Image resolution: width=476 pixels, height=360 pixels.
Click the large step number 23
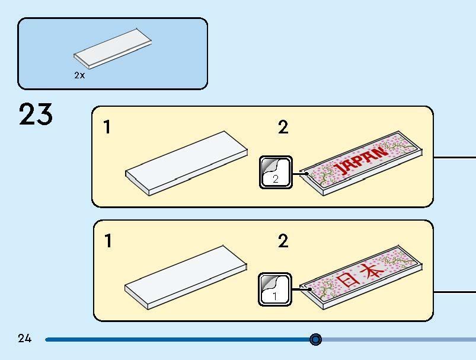[x=36, y=114]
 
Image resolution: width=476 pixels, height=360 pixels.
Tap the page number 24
[x=24, y=338]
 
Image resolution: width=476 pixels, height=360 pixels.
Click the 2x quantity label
[x=79, y=75]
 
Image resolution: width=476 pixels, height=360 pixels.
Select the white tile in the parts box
[x=113, y=49]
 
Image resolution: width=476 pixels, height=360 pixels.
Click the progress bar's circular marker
[x=316, y=339]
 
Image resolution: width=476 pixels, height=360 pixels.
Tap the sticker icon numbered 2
[x=276, y=172]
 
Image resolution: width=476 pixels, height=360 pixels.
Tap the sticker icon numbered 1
[x=275, y=289]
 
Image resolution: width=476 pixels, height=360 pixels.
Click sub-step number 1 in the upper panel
[x=107, y=127]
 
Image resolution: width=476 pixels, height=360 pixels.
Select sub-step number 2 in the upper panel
[x=283, y=127]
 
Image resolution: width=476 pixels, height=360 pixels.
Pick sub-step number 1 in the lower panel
[x=108, y=241]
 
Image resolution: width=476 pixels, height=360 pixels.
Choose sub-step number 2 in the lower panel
[x=283, y=241]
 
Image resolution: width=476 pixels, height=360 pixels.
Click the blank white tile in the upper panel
[x=186, y=163]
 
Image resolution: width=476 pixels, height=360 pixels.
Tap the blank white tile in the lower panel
[x=186, y=278]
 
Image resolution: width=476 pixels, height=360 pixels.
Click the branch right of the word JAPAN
[x=400, y=145]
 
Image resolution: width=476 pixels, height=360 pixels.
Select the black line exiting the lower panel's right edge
[x=455, y=292]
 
